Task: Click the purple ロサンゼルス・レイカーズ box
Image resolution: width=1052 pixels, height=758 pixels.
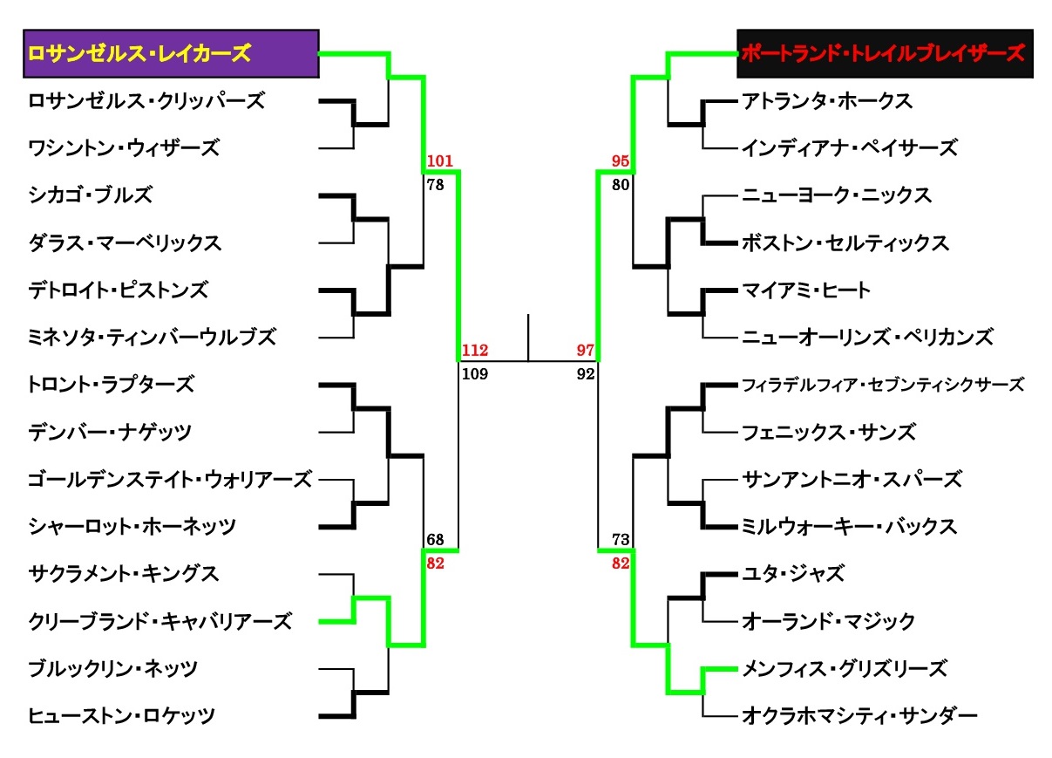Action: point(171,53)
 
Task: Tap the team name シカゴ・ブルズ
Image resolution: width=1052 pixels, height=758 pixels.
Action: point(90,195)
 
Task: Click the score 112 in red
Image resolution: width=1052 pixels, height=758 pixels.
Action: point(475,351)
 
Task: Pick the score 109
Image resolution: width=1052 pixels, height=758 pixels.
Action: point(475,374)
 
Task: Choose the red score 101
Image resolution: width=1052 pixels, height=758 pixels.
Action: point(441,161)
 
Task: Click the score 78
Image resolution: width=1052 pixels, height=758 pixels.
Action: point(437,184)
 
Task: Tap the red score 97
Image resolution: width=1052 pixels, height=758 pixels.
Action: point(585,351)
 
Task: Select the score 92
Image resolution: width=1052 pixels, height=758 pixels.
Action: point(585,374)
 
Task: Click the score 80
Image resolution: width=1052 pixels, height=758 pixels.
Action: point(621,184)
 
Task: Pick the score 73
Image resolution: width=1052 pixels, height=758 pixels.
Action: point(621,540)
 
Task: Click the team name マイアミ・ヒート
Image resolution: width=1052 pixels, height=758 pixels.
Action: point(806,290)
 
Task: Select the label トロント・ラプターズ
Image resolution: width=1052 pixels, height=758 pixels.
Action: point(111,384)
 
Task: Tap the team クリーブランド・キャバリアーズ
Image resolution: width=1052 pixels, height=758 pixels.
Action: point(159,621)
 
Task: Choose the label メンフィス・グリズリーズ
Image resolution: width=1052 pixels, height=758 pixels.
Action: point(844,669)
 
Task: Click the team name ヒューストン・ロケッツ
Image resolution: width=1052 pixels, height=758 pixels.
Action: point(121,716)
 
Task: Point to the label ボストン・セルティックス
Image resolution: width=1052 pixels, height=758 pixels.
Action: point(845,242)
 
